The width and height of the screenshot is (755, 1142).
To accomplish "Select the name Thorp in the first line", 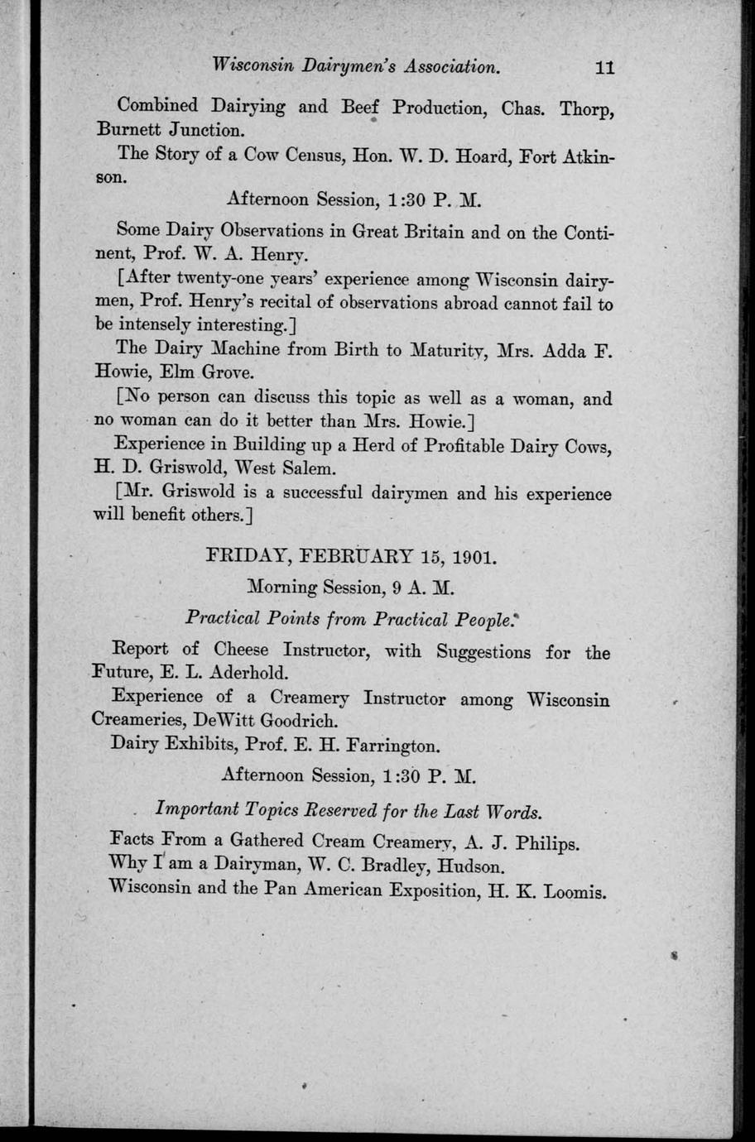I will (x=586, y=108).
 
